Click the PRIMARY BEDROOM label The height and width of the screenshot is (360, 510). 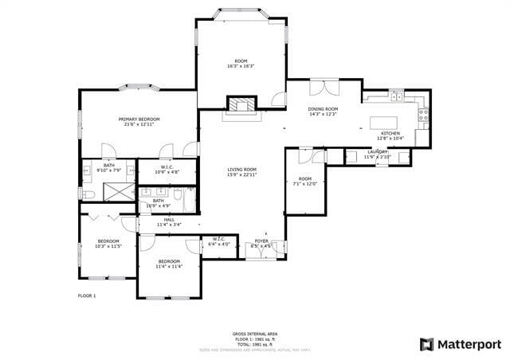(138, 119)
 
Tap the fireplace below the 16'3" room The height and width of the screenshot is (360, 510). (241, 104)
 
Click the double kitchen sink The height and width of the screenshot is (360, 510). (395, 96)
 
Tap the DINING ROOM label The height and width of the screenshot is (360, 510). (324, 109)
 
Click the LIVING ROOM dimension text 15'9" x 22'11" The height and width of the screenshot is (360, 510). (241, 174)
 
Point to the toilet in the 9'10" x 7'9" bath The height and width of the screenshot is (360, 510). (89, 193)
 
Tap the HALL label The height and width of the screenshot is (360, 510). (169, 220)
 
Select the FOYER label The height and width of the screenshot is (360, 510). (261, 241)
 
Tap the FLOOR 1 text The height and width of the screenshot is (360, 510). (87, 295)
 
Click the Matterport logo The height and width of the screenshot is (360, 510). (461, 344)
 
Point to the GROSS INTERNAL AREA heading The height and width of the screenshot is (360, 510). (255, 334)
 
